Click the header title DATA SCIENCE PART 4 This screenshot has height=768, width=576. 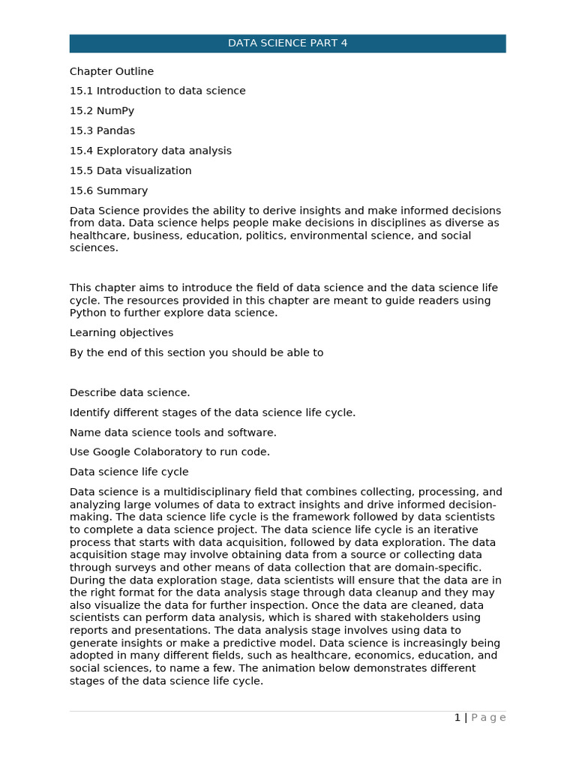(x=287, y=43)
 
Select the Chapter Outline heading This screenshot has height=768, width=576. (x=112, y=71)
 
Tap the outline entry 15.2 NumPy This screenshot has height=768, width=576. (x=102, y=111)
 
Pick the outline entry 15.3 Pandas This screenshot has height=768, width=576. (x=103, y=130)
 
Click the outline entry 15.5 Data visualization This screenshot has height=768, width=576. (x=130, y=171)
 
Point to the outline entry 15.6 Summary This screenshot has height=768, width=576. (x=109, y=190)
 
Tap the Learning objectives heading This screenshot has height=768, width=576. (x=121, y=332)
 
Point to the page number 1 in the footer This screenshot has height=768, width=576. (x=457, y=718)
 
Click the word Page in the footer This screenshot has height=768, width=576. (x=488, y=718)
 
